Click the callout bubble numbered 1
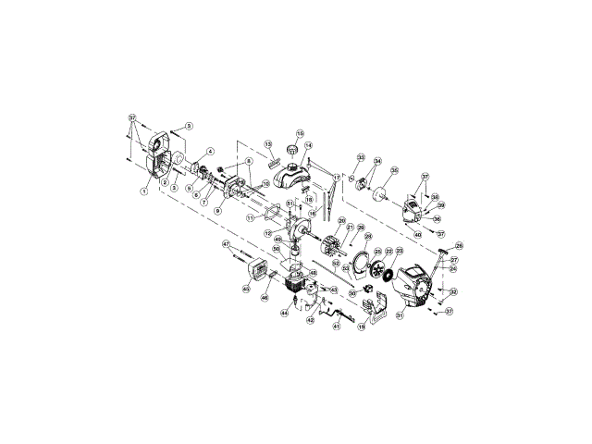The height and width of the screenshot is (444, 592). [144, 191]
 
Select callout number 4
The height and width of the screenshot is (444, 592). [210, 151]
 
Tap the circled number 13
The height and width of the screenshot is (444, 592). [267, 145]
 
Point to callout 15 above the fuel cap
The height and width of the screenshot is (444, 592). [300, 133]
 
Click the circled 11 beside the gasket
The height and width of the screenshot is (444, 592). [251, 218]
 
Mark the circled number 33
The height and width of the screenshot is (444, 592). [361, 157]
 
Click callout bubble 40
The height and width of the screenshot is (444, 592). [418, 235]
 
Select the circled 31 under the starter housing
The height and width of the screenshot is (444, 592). [400, 315]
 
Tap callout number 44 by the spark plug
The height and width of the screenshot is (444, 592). [284, 313]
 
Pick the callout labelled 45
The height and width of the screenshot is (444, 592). [245, 290]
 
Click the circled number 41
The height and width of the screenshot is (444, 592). [337, 326]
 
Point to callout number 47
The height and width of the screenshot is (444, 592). [226, 244]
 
